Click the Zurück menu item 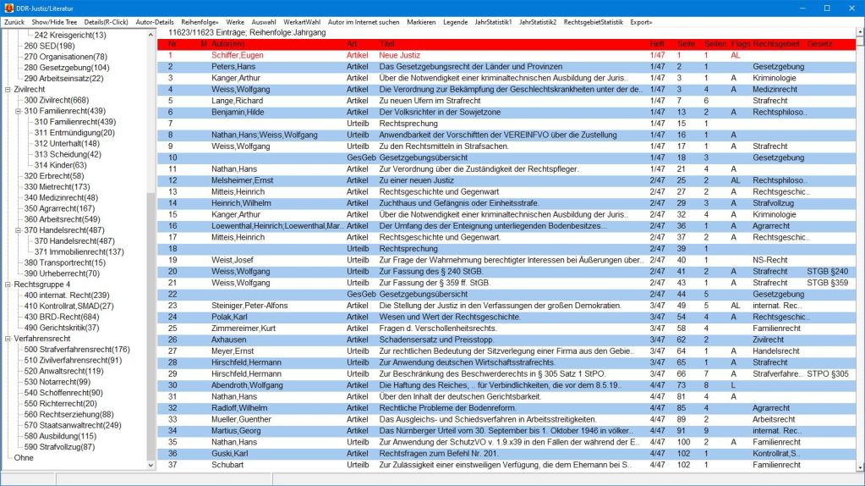14,21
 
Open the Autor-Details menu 155,21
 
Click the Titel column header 388,43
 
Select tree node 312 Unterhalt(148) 64,143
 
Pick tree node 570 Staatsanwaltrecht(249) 73,424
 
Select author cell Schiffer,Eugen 239,55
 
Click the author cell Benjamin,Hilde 239,112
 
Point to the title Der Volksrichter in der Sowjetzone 440,112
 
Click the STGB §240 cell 827,271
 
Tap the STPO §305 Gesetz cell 827,373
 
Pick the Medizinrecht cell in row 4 775,89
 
